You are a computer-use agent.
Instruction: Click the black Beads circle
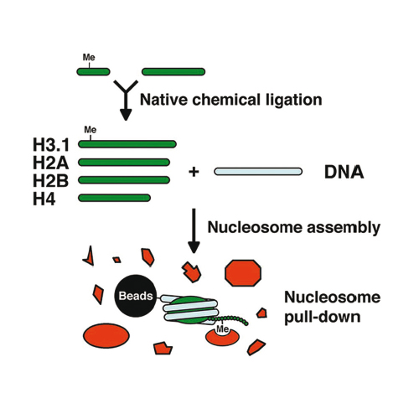click(136, 296)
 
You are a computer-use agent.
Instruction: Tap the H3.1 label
click(51, 145)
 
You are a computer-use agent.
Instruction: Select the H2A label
click(50, 163)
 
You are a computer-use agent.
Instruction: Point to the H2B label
click(50, 181)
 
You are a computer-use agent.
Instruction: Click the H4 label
click(44, 199)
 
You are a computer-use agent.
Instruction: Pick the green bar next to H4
click(115, 198)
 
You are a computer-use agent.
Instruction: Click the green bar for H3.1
click(127, 144)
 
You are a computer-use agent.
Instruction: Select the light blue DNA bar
click(258, 172)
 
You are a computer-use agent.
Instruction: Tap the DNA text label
click(344, 172)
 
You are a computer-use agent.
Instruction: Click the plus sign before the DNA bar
click(194, 172)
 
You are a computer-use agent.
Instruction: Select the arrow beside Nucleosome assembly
click(194, 230)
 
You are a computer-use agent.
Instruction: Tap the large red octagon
click(243, 273)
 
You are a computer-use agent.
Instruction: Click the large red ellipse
click(106, 336)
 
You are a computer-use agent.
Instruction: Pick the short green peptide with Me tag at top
click(93, 72)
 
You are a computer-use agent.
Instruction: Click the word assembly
click(344, 228)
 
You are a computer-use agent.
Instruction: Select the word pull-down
click(323, 318)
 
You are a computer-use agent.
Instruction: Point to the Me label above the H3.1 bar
click(91, 130)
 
